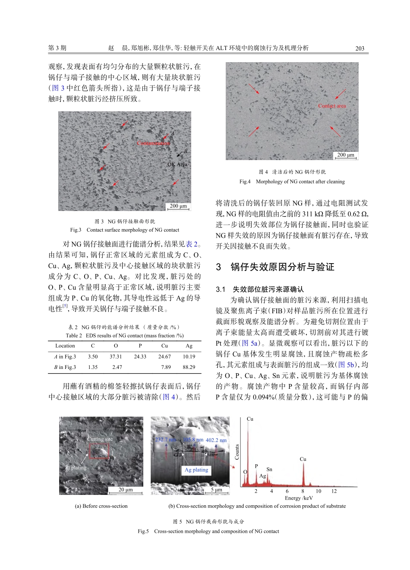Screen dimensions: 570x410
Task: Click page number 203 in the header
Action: [x=360, y=48]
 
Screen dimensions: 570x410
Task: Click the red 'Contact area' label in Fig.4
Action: [x=332, y=106]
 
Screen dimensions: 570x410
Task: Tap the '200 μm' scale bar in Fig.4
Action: [x=346, y=155]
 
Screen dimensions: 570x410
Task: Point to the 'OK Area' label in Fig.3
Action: [x=177, y=164]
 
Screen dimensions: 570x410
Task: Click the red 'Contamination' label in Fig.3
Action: [x=153, y=143]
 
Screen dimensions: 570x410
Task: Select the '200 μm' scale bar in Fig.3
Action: [x=178, y=206]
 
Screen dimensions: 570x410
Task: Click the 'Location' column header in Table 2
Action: [x=65, y=346]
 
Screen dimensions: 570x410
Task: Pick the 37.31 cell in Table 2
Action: [x=116, y=356]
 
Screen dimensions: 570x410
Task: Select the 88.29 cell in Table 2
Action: [x=189, y=367]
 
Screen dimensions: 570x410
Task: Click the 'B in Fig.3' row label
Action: [x=65, y=367]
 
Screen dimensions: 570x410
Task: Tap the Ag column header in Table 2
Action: [x=189, y=346]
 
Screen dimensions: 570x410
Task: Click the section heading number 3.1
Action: [x=221, y=289]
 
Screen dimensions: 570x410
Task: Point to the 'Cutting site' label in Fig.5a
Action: [x=100, y=439]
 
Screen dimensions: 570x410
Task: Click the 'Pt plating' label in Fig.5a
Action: [x=76, y=467]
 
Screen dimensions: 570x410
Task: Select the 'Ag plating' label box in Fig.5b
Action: [x=196, y=470]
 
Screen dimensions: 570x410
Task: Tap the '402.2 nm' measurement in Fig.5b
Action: [x=216, y=440]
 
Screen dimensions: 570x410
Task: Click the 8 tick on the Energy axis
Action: [x=303, y=491]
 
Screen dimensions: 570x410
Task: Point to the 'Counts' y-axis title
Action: [x=237, y=452]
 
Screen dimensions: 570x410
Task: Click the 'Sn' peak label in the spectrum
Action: [x=269, y=469]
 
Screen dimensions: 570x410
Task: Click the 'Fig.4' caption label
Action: [x=245, y=182]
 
